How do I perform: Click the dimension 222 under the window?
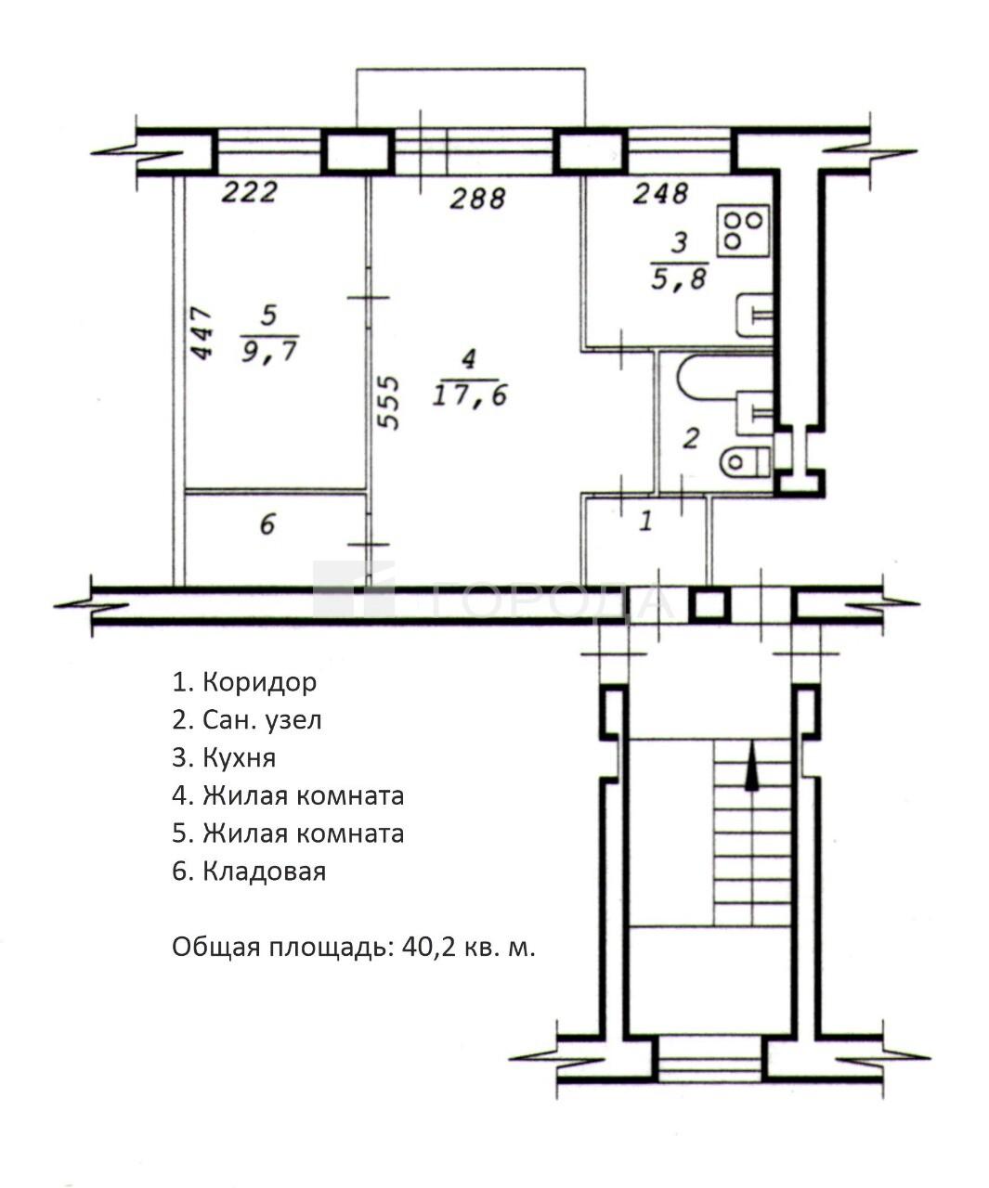249,192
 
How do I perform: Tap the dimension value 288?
477,199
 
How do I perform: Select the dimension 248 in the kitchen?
660,193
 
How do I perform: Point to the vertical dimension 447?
201,333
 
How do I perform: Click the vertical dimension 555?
389,402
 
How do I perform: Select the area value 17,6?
469,394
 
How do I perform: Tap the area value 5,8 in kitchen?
679,279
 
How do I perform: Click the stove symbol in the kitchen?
743,230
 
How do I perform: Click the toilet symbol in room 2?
745,461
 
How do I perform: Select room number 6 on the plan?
267,523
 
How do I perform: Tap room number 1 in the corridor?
645,521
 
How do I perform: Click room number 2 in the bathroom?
691,439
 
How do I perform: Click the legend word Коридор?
260,682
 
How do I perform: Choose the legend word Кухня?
240,758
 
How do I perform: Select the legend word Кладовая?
264,872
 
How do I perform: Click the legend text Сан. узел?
262,720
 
